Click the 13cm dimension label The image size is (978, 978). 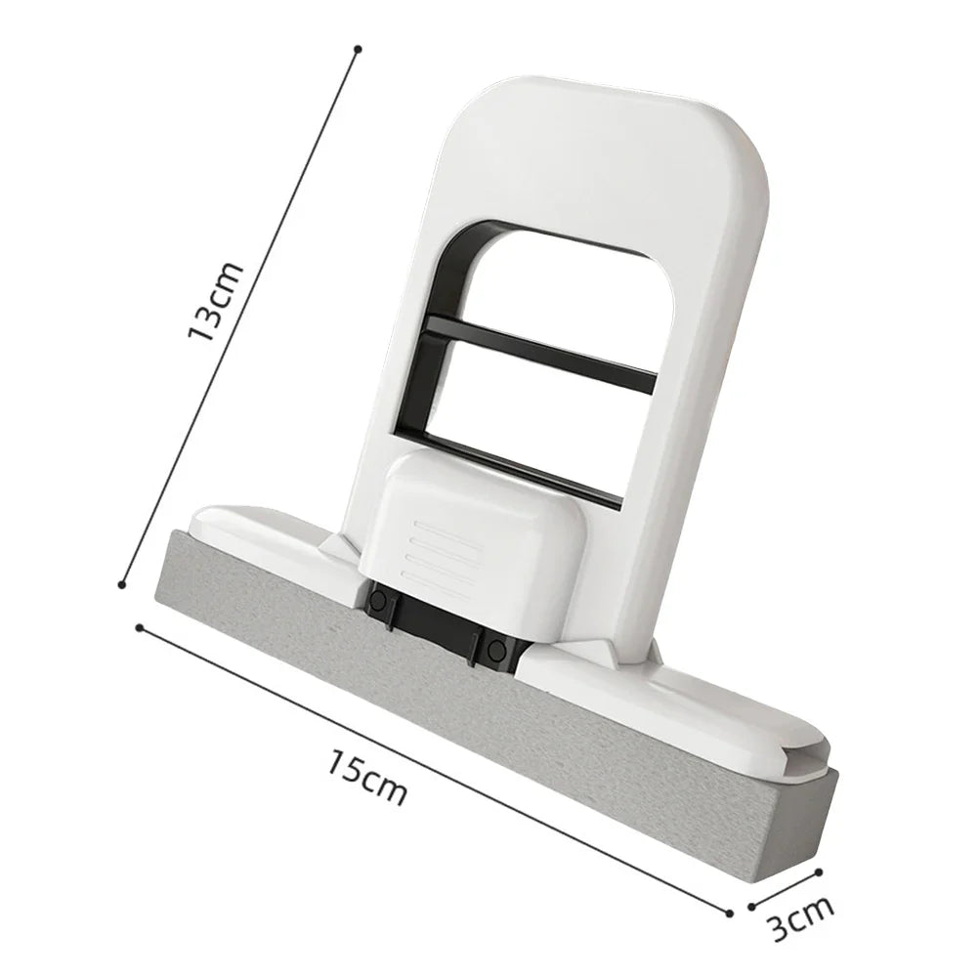click(x=216, y=302)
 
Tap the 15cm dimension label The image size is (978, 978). click(x=367, y=777)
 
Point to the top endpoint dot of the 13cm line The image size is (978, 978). click(x=358, y=48)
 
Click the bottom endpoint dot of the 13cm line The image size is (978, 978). click(x=122, y=585)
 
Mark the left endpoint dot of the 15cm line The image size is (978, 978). click(x=140, y=627)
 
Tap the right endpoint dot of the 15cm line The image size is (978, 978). click(x=729, y=913)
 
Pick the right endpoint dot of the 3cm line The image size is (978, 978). click(x=820, y=872)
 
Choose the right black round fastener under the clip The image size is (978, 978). click(x=496, y=649)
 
